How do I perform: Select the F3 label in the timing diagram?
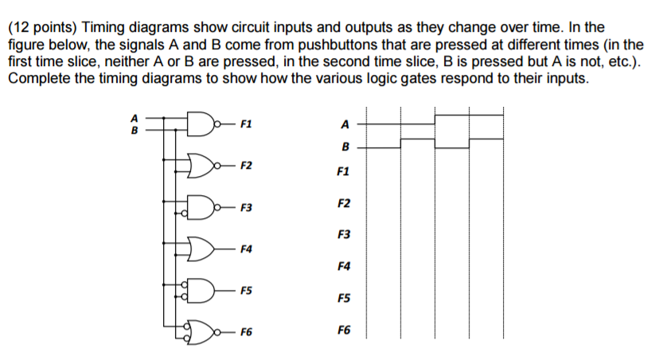tap(343, 235)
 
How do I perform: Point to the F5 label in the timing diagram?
tap(343, 299)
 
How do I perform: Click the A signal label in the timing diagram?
tap(344, 124)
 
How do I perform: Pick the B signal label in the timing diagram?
tap(344, 147)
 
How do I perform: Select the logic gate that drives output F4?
tap(201, 249)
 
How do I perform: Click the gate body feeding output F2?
tap(201, 166)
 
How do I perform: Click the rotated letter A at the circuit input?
tap(134, 118)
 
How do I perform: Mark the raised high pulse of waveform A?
tap(468, 115)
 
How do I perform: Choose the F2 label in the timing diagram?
tap(343, 205)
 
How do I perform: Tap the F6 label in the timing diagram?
tap(343, 330)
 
